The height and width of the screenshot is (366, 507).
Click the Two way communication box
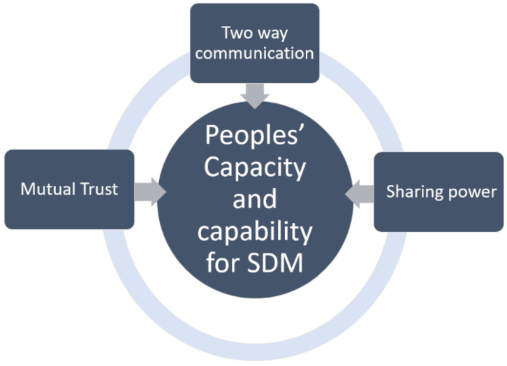254,43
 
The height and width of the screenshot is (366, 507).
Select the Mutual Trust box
68,189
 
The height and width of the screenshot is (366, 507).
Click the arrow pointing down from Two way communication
255,95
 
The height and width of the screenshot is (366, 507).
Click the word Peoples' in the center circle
254,137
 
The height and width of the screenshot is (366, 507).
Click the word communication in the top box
255,52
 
